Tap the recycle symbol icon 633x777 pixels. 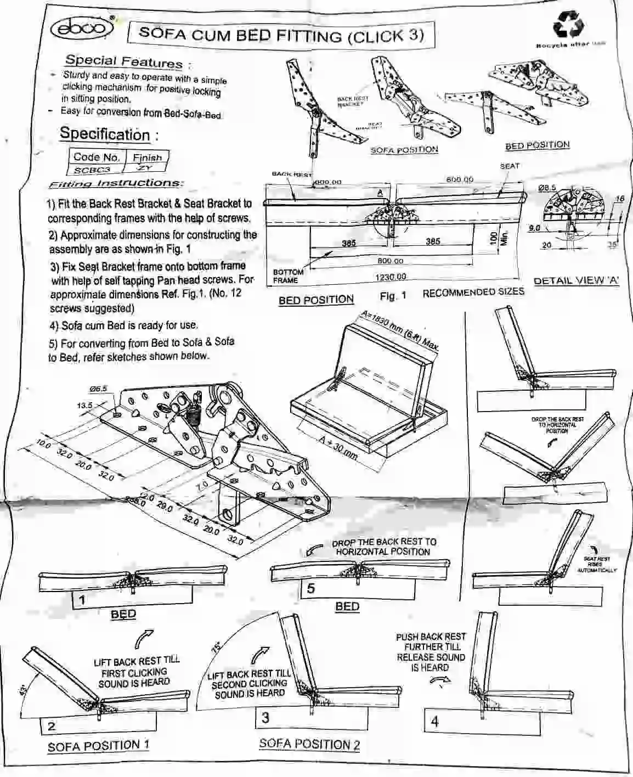click(569, 24)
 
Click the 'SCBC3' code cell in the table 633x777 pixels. click(92, 170)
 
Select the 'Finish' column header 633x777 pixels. click(146, 157)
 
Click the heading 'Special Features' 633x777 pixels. click(123, 62)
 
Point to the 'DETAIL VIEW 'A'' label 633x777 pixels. click(576, 280)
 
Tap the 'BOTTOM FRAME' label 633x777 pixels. click(287, 276)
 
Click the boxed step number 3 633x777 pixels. click(265, 718)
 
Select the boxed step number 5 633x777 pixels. click(311, 589)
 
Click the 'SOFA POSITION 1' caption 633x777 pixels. click(98, 746)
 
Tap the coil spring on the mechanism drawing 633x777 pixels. click(193, 419)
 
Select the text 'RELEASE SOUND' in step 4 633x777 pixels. click(431, 657)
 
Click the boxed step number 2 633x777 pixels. click(52, 727)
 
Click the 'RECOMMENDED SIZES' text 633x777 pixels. click(473, 292)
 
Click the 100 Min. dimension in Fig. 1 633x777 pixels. click(498, 239)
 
